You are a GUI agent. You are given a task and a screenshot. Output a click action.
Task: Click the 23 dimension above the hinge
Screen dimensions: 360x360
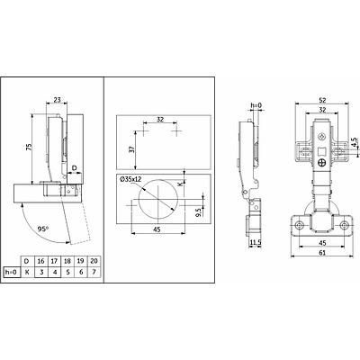57,100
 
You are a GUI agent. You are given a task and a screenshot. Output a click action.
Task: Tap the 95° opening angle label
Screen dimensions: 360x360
43,229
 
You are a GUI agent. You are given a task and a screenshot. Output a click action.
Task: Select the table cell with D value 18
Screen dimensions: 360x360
67,261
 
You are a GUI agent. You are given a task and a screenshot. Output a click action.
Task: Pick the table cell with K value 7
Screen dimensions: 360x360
94,272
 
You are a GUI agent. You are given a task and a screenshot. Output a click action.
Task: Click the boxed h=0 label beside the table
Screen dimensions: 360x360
12,272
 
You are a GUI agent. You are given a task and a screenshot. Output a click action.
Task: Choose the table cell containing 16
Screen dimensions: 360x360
40,261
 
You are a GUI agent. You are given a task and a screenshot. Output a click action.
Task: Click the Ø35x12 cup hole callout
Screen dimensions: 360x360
130,179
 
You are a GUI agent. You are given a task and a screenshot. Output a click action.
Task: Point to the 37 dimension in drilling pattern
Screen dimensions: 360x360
131,149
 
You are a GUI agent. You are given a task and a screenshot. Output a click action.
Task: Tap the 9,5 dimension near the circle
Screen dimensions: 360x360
198,211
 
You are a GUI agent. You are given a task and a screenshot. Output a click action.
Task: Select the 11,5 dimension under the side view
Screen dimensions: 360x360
255,243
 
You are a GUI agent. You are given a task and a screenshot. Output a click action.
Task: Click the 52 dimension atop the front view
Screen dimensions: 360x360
322,100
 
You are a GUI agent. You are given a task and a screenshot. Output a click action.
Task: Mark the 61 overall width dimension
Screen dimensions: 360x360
322,253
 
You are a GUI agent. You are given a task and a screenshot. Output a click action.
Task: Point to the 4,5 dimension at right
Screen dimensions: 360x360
355,142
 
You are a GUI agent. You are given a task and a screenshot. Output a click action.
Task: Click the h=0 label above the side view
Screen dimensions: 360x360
256,105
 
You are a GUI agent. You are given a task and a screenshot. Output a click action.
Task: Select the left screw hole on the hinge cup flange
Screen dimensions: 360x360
299,225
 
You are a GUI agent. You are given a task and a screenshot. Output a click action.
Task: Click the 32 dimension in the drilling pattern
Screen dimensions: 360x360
160,119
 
